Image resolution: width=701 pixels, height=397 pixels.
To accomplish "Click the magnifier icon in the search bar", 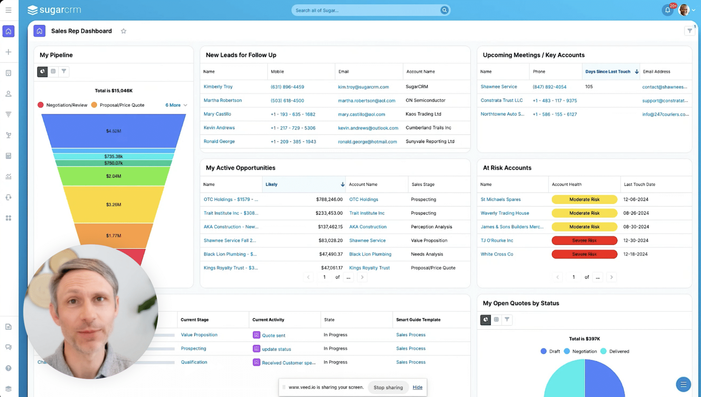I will coord(444,10).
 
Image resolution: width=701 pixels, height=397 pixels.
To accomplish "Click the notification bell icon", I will coord(668,10).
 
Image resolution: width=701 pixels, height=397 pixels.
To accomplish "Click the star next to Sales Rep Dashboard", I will coord(123,31).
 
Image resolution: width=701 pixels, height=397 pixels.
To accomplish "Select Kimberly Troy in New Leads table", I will coord(218,87).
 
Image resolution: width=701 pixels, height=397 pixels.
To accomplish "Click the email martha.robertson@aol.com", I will coord(366,100).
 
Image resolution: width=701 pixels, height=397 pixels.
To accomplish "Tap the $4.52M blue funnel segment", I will coord(113,131).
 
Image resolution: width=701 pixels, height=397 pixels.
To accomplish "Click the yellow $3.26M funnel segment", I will coord(113,204).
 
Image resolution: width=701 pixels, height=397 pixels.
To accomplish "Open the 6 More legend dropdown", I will coord(176,105).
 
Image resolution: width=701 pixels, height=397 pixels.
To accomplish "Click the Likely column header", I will coord(271,184).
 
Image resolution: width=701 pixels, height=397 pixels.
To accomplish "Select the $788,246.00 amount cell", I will coord(329,199).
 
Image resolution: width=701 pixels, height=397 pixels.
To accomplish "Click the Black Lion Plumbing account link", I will coord(370,254).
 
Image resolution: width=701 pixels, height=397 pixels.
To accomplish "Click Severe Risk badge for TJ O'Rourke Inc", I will coord(584,241).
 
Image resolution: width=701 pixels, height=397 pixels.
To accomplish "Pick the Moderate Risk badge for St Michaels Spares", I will coord(584,199).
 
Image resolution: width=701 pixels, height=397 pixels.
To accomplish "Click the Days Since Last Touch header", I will coord(608,72).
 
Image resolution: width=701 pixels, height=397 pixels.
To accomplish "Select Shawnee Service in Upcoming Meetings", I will coord(498,87).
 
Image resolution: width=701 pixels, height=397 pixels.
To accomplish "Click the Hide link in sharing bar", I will coord(417,387).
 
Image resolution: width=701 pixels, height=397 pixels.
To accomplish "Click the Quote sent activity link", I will coord(273,335).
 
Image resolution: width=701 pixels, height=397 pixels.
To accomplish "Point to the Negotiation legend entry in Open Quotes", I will coord(584,351).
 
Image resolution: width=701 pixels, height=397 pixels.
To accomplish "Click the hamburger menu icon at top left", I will coord(9,10).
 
